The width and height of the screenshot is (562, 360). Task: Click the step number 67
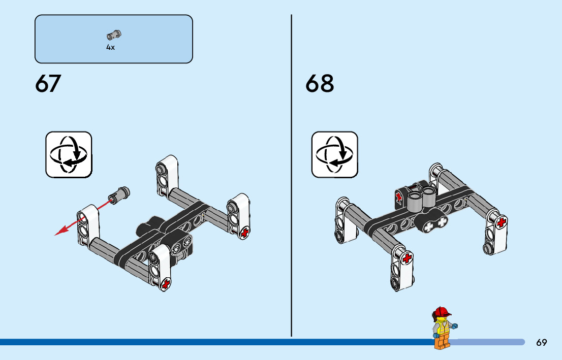click(x=48, y=84)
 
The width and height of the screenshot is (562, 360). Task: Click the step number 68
click(x=320, y=84)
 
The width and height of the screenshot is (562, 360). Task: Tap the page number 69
click(x=542, y=343)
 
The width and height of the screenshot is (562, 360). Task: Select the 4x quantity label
click(x=111, y=47)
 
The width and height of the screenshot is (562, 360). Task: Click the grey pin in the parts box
click(x=114, y=35)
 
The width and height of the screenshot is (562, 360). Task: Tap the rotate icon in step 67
click(x=69, y=154)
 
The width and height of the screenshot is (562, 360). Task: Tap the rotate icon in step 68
click(x=334, y=154)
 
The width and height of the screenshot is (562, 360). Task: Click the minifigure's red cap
click(x=441, y=312)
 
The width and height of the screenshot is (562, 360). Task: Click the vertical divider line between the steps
click(x=291, y=173)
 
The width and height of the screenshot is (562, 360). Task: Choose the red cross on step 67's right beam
click(x=244, y=233)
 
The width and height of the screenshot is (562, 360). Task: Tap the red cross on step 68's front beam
click(x=407, y=259)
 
